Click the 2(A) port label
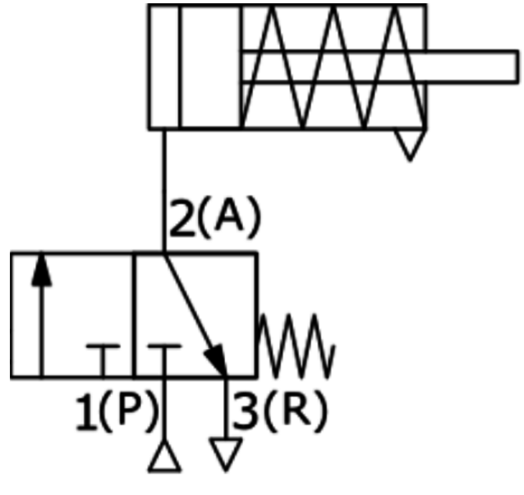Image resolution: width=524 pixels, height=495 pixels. (x=215, y=218)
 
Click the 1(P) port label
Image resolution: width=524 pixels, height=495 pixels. (x=117, y=410)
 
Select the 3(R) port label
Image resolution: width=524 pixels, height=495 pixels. (x=280, y=410)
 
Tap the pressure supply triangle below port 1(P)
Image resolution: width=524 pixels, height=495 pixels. (x=164, y=456)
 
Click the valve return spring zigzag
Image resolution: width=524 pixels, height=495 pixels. (x=296, y=346)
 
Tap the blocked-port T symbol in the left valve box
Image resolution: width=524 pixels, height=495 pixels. (x=103, y=360)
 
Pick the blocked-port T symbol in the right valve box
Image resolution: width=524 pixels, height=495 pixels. (x=164, y=360)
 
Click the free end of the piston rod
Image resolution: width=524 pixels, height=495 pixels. (x=517, y=66)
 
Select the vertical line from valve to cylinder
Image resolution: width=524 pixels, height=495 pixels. (x=164, y=191)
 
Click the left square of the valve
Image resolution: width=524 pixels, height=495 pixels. (x=72, y=315)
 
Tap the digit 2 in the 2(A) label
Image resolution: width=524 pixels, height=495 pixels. (x=182, y=218)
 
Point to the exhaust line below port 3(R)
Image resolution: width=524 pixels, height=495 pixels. (x=226, y=408)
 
